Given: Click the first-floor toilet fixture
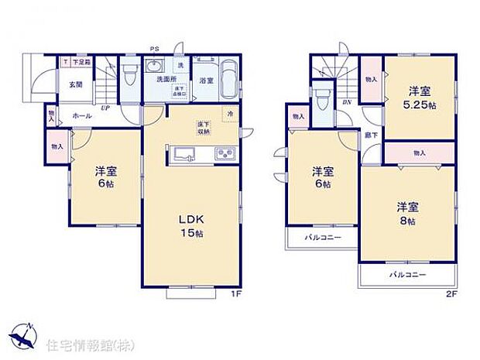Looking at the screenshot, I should tap(129, 74).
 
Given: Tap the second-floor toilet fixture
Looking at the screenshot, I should tap(323, 101).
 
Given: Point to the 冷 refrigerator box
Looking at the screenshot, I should tap(230, 115).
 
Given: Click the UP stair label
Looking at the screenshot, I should tap(105, 108).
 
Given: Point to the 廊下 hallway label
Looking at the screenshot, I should tap(371, 135).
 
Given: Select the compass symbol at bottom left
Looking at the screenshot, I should tap(25, 334).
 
